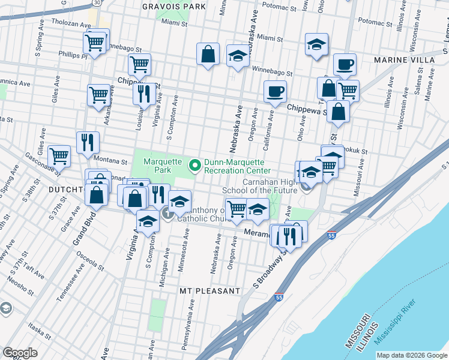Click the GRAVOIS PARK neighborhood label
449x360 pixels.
tap(174, 7)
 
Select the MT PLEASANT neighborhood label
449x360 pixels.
tap(210, 291)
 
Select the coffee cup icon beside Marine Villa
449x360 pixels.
tap(345, 64)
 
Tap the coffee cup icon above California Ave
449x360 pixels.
tap(275, 91)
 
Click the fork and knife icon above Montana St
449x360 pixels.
tap(88, 142)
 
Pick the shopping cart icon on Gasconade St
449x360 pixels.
tap(59, 156)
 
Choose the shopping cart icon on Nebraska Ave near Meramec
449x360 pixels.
tap(237, 208)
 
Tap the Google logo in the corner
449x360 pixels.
tap(20, 353)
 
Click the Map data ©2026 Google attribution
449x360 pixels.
tap(412, 355)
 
